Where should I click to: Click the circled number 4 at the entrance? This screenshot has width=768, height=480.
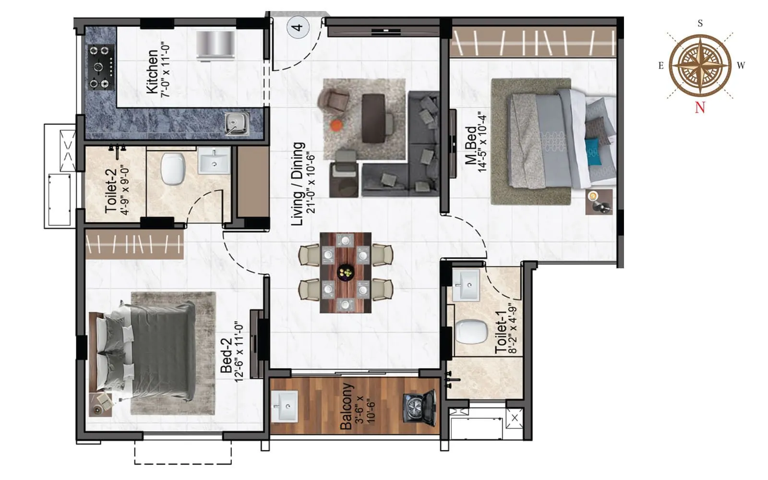(298, 27)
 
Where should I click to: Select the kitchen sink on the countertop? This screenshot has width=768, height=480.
(237, 123)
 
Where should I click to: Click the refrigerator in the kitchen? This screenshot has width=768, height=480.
(216, 46)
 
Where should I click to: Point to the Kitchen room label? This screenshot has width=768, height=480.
(152, 72)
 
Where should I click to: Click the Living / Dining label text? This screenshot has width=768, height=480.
(298, 183)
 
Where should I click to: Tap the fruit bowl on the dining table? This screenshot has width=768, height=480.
(345, 273)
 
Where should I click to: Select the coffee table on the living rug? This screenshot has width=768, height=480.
(374, 118)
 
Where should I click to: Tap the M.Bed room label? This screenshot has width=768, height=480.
(471, 144)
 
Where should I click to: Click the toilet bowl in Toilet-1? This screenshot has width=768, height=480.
(471, 332)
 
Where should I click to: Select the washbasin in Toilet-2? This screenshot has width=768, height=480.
(214, 160)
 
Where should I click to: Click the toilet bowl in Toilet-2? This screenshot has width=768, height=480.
(173, 169)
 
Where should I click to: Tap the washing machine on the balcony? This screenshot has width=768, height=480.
(419, 408)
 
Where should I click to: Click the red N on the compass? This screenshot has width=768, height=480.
(700, 108)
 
